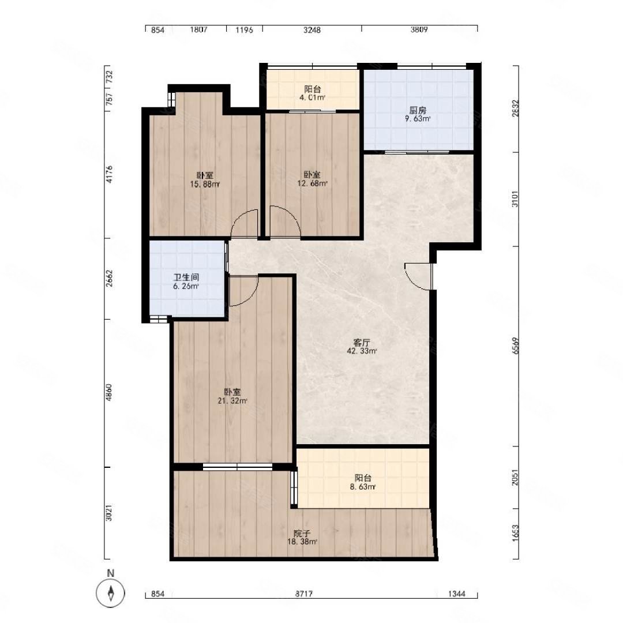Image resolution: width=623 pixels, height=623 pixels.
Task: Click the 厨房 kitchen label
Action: click(418, 110)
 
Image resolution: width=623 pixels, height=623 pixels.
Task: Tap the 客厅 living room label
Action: click(362, 343)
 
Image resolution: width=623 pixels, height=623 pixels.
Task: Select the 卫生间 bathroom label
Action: click(186, 277)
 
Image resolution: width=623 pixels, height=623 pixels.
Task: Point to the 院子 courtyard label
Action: click(302, 534)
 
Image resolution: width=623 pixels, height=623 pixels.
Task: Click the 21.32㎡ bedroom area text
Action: click(232, 401)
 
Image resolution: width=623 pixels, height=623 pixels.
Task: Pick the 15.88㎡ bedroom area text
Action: click(205, 184)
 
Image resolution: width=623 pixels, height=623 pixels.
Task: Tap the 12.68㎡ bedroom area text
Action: click(312, 183)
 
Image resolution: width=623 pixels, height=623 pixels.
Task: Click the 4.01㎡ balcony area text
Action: click(313, 97)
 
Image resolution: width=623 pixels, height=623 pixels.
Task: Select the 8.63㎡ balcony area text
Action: click(363, 487)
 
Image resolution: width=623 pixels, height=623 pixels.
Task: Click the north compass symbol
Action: click(111, 593)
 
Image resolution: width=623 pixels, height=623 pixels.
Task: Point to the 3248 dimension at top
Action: click(312, 30)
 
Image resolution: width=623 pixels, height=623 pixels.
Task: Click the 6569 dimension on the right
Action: click(515, 346)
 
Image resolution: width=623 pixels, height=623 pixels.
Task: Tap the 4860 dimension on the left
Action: click(109, 392)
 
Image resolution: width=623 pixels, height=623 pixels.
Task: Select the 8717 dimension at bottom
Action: click(304, 594)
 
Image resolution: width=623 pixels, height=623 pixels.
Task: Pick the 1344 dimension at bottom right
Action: click(456, 594)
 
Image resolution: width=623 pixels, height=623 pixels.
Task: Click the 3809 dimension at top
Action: click(419, 30)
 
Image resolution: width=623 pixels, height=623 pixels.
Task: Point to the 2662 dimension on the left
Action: click(109, 278)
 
